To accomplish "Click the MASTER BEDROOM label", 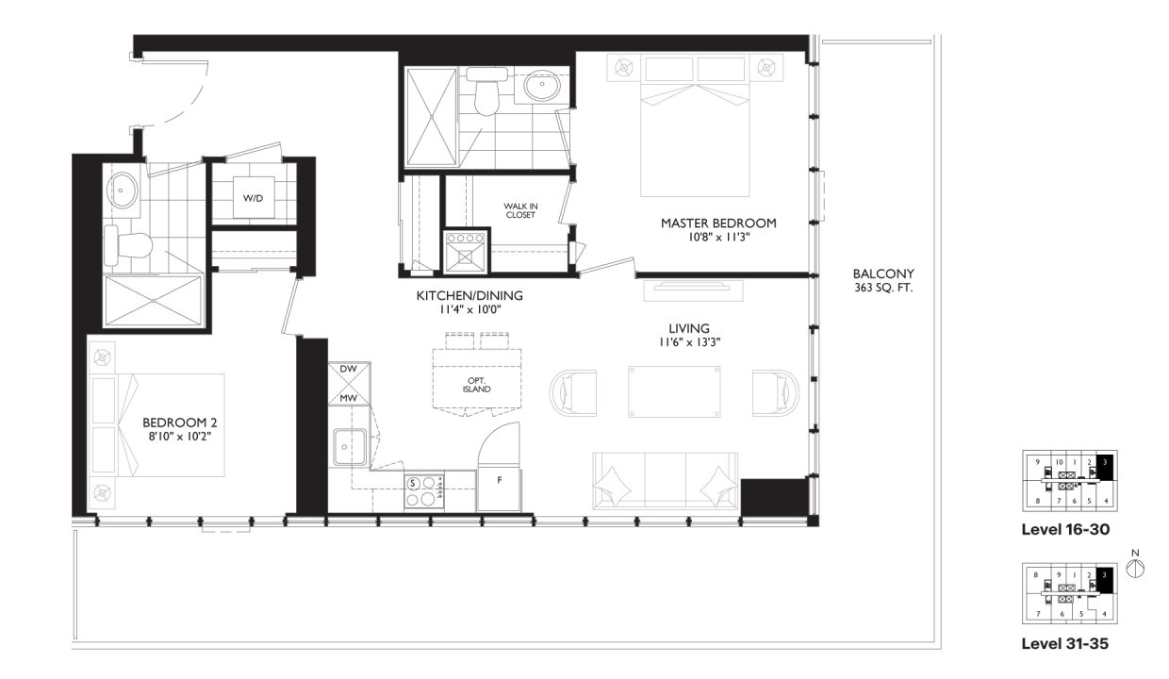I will click(x=718, y=224).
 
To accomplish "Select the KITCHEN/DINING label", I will click(x=469, y=296).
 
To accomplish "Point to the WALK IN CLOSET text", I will click(x=519, y=209).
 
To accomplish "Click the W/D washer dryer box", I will click(x=254, y=198).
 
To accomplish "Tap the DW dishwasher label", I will click(x=348, y=369).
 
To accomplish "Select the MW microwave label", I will click(x=348, y=399).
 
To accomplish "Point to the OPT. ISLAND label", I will click(x=477, y=384).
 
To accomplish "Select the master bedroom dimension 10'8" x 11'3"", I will click(x=718, y=238).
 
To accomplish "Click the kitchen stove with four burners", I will click(x=424, y=490).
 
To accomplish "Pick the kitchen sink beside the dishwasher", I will click(x=349, y=446).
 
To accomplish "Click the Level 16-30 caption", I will click(x=1064, y=530).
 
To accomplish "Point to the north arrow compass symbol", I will click(x=1135, y=568).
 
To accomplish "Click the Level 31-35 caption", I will click(x=1064, y=645).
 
